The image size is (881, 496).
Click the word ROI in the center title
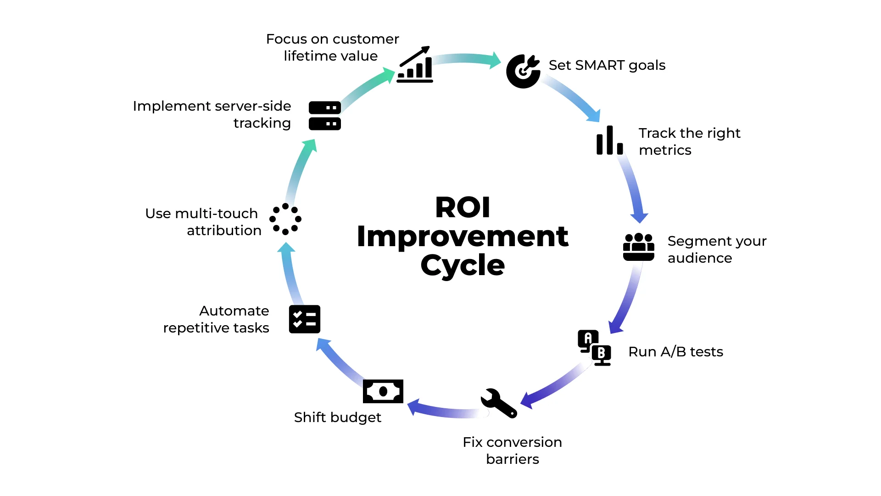coord(463,208)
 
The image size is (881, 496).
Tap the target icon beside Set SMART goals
coord(523,71)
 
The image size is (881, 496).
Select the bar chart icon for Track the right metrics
coord(609,141)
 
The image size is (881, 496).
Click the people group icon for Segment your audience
coord(638,247)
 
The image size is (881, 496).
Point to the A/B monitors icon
coord(594,348)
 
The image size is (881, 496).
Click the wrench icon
coord(499,403)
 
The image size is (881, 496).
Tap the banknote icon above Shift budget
coord(383,391)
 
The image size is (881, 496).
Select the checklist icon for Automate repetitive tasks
coord(304,319)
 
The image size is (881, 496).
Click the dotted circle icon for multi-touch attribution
coord(285,219)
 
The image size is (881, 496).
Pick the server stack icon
coord(324,116)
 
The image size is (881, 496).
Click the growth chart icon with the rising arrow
coord(415,65)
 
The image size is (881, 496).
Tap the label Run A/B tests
coord(675,352)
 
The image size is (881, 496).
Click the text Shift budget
coord(337,417)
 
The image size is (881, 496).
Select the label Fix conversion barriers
coord(512,451)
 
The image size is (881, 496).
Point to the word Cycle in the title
coord(463,265)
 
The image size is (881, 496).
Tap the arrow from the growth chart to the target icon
coord(466,59)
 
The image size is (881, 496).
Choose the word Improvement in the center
coord(463,237)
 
